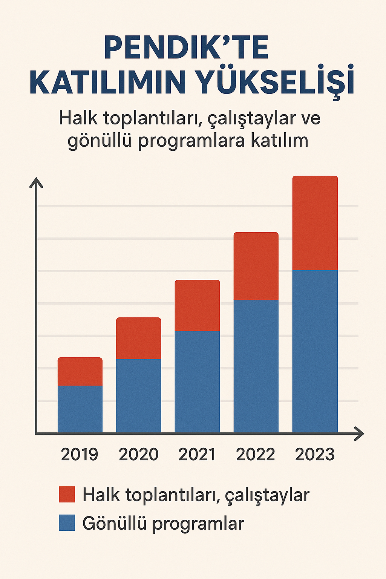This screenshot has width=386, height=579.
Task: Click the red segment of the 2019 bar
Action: [x=80, y=372]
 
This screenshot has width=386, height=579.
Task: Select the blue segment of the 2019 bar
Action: [x=80, y=409]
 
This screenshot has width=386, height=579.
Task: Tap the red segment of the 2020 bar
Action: [x=138, y=338]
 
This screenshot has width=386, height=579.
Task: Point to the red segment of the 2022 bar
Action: [x=256, y=266]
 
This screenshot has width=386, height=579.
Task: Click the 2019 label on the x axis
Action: [x=80, y=454]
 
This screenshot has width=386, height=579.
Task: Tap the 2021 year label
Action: [x=197, y=454]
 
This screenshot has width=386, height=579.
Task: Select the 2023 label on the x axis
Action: [x=315, y=454]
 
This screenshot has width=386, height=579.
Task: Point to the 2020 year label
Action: [x=138, y=454]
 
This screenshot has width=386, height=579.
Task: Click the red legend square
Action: [x=67, y=494]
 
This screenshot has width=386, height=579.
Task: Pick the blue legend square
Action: [x=67, y=523]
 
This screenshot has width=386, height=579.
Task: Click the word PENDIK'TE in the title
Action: [x=186, y=48]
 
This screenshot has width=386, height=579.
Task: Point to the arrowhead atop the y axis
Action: [x=36, y=183]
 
